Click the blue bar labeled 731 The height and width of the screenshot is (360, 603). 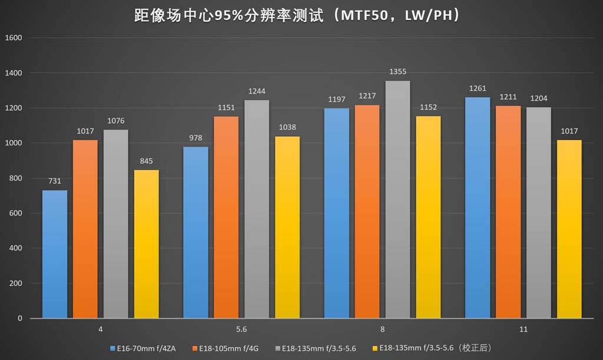[55, 254]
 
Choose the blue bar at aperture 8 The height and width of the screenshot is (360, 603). [336, 213]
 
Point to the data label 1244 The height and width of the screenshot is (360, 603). [257, 91]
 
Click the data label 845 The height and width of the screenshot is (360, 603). [147, 161]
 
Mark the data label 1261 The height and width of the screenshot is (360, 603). [478, 88]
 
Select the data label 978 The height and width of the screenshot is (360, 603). [196, 138]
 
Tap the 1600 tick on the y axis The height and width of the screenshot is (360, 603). [14, 38]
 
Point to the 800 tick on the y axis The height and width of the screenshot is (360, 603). [15, 178]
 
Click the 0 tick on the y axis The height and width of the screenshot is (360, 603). [19, 318]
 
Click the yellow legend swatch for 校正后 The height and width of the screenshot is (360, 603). [375, 348]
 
